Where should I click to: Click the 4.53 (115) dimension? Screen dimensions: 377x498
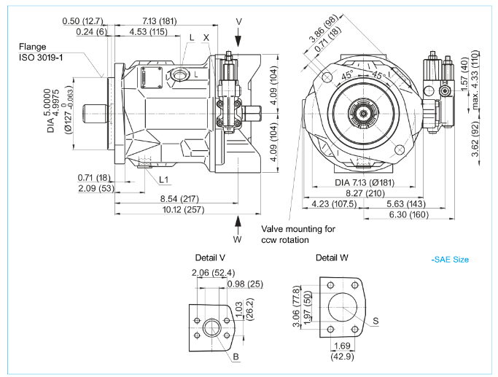click(x=147, y=32)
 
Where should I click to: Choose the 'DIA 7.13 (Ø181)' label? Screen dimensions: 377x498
click(x=365, y=182)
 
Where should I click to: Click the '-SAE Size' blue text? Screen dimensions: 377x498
click(x=450, y=260)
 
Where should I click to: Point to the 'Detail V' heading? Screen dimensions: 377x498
click(x=210, y=257)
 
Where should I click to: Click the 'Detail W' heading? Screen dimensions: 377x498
click(x=332, y=257)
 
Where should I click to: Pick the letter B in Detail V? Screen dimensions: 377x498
click(x=236, y=357)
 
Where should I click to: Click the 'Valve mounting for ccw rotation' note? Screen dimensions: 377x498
click(x=298, y=234)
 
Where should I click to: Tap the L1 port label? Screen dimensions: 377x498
click(x=164, y=179)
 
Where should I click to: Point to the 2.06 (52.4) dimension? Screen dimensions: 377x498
click(x=208, y=273)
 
